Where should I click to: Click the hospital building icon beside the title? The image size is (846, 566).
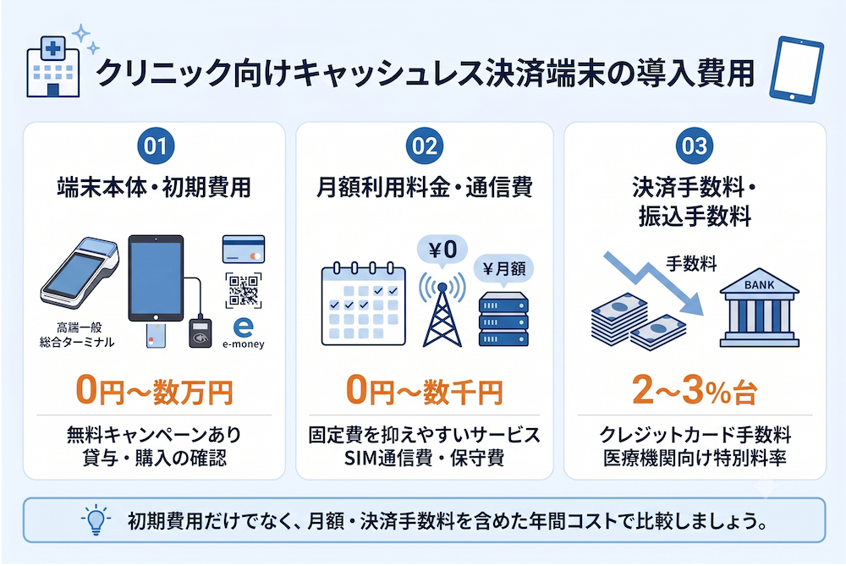(52, 67)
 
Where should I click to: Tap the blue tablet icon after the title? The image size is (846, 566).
(796, 70)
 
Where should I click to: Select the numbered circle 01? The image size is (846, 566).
(156, 146)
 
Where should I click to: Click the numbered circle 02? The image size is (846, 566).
(425, 146)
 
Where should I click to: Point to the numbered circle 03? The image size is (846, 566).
(695, 146)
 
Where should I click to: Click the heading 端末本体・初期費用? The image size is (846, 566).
(154, 187)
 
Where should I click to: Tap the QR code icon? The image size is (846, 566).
(244, 290)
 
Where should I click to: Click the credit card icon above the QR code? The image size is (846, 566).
(244, 250)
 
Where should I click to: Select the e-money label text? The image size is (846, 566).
(244, 343)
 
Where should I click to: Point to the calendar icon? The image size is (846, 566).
(363, 305)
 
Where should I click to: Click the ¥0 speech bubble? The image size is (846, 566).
(442, 251)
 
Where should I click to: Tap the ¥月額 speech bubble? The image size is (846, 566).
(503, 269)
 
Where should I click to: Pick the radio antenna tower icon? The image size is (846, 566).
(442, 310)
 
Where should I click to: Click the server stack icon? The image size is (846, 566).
(503, 320)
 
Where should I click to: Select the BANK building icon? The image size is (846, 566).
(759, 308)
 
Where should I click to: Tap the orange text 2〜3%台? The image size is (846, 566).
(695, 391)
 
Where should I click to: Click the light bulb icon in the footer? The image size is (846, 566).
(96, 519)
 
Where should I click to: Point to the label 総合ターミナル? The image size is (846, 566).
(77, 342)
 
